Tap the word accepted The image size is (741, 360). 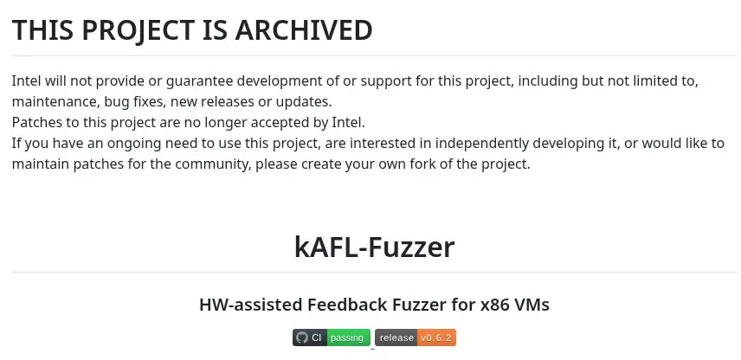click(282, 122)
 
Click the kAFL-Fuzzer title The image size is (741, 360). click(374, 247)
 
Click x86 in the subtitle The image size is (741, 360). click(490, 305)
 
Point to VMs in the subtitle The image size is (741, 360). click(532, 305)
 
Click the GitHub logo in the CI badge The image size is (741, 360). click(301, 337)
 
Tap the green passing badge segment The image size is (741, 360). click(348, 337)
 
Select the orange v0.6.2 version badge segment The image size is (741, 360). click(437, 337)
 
